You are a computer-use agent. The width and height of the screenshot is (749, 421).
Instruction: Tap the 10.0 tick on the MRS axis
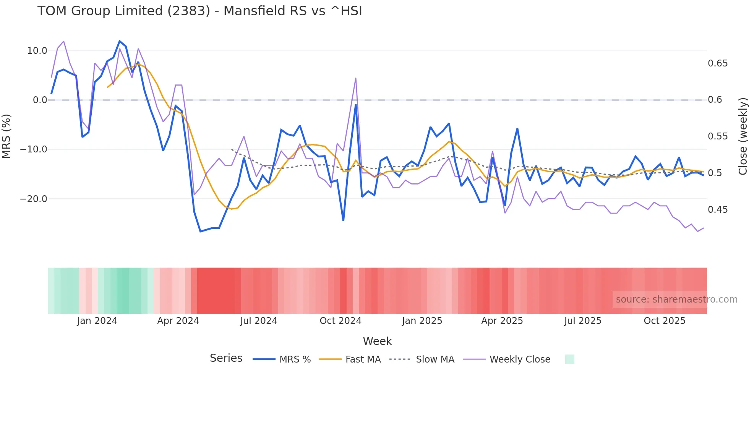pyautogui.click(x=37, y=51)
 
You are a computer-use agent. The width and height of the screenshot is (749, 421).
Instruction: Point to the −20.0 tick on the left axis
pyautogui.click(x=34, y=199)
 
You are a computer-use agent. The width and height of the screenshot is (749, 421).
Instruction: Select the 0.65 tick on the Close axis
pyautogui.click(x=718, y=63)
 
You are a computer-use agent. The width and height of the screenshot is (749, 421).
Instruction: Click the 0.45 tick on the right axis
pyautogui.click(x=718, y=210)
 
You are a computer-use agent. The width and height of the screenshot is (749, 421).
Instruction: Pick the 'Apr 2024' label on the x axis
pyautogui.click(x=178, y=321)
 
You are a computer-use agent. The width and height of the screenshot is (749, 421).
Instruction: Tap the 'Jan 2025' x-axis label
pyautogui.click(x=422, y=321)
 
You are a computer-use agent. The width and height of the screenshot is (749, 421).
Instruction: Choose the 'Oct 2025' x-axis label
pyautogui.click(x=665, y=321)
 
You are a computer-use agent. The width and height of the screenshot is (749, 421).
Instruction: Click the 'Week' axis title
pyautogui.click(x=377, y=341)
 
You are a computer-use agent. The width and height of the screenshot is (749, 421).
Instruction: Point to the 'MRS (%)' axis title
pyautogui.click(x=6, y=136)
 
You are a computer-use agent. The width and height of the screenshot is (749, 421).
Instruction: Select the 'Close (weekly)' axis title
pyautogui.click(x=743, y=136)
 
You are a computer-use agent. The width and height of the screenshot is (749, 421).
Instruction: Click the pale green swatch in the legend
pyautogui.click(x=569, y=359)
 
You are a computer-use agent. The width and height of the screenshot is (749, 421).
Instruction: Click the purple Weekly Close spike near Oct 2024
pyautogui.click(x=356, y=78)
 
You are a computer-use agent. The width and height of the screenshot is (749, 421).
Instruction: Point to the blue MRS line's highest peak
pyautogui.click(x=120, y=41)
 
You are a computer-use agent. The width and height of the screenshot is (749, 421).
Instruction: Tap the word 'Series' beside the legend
pyautogui.click(x=226, y=358)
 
